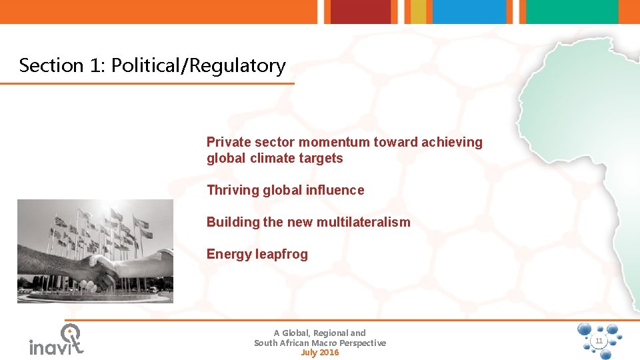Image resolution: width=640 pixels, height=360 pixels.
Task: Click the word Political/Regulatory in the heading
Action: (199, 66)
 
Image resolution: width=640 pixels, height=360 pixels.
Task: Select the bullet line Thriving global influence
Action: (285, 190)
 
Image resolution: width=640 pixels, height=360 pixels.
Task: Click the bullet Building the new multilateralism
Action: (308, 222)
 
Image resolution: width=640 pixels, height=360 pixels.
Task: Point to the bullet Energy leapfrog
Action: (257, 254)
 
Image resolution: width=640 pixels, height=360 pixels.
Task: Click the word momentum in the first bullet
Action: (335, 142)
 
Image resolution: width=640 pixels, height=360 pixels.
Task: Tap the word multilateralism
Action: (363, 222)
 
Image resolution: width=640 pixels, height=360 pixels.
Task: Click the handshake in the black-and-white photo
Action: (100, 267)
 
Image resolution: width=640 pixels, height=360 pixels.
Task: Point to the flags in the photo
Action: (100, 227)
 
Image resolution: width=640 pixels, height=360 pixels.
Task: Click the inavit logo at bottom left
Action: (57, 341)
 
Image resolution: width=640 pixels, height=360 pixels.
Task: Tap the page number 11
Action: (599, 341)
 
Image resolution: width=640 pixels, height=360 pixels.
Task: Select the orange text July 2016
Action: (320, 353)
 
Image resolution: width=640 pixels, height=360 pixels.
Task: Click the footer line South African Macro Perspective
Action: (320, 343)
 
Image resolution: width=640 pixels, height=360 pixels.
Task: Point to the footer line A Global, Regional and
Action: (320, 333)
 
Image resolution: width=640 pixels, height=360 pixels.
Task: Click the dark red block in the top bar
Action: (361, 11)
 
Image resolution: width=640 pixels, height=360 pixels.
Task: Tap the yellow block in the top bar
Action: (418, 11)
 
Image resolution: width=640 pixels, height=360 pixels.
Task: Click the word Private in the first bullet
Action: (229, 142)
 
